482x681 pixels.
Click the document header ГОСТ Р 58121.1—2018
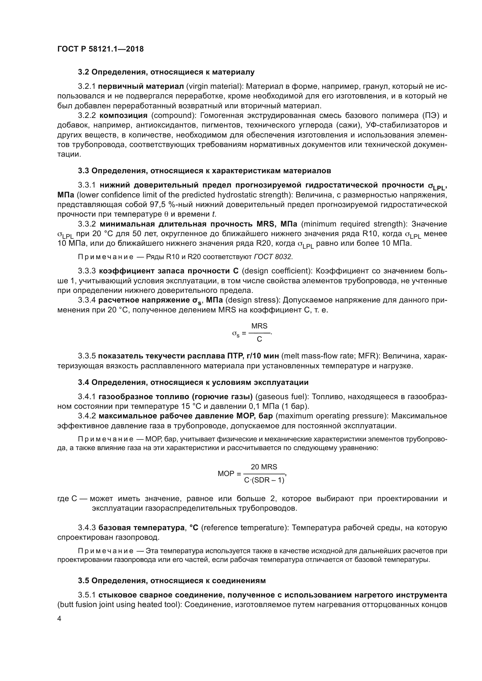click(x=100, y=49)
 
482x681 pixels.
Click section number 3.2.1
click(x=87, y=86)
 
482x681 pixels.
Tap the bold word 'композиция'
click(x=123, y=115)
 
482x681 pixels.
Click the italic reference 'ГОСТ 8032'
click(x=273, y=257)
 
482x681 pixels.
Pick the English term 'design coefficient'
click(x=277, y=271)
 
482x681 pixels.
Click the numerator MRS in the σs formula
click(x=259, y=326)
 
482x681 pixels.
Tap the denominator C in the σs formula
click(x=259, y=339)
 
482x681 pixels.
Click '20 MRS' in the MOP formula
click(x=264, y=467)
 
